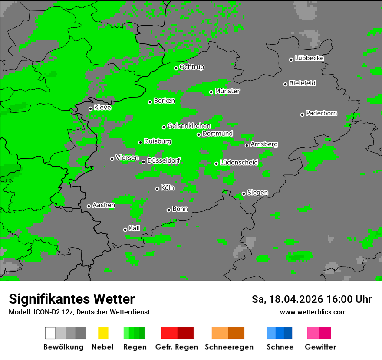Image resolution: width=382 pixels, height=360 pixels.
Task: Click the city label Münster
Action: click(x=227, y=91)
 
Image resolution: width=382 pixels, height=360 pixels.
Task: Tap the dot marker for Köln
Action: click(x=157, y=189)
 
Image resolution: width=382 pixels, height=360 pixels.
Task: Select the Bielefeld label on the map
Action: click(x=302, y=83)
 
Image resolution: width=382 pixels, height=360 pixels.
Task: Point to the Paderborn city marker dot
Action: click(x=302, y=115)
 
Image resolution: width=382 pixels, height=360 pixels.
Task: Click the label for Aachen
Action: click(x=104, y=205)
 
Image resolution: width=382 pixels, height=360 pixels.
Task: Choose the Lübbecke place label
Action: click(x=309, y=58)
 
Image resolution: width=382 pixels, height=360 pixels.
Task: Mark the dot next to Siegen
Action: click(x=244, y=193)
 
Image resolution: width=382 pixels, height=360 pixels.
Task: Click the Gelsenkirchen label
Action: click(x=189, y=126)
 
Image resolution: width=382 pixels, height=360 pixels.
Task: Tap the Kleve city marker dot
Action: click(x=90, y=108)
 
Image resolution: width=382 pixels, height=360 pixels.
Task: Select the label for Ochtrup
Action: click(x=191, y=67)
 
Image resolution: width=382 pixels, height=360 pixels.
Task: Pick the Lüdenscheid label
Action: click(x=239, y=163)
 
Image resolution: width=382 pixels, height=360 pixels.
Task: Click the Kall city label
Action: click(x=135, y=228)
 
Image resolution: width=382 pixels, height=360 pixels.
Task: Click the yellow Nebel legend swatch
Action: click(x=103, y=333)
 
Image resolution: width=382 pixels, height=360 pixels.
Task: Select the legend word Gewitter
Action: click(x=320, y=347)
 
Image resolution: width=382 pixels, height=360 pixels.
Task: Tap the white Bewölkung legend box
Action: click(x=50, y=333)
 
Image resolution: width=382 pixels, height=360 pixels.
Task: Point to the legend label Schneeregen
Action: click(x=229, y=347)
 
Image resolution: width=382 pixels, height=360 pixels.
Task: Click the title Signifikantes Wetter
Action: click(x=72, y=299)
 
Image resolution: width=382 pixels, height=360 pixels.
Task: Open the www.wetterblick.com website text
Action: click(x=313, y=312)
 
